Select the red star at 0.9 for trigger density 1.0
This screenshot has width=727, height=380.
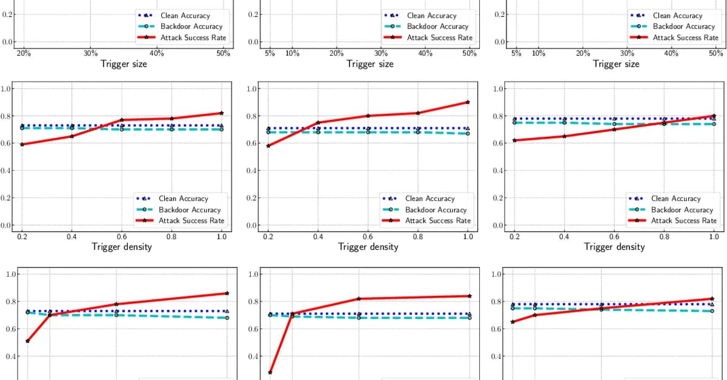coord(468,102)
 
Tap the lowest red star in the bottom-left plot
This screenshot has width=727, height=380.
coord(28,341)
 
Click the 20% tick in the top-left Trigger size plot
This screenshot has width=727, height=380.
coord(24,53)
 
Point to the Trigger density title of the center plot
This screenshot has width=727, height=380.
coord(368,247)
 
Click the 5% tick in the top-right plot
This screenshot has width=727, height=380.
coord(516,53)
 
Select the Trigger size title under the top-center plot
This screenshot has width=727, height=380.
coord(370,64)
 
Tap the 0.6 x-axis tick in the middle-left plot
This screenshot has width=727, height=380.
coord(122,237)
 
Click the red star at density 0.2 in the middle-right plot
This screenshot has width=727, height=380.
coord(515,140)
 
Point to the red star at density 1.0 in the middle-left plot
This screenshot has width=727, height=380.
coord(222,113)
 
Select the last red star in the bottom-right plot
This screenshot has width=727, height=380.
coord(712,299)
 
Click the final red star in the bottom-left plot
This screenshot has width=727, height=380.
coord(227,293)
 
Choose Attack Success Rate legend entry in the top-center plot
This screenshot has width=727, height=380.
coord(439,38)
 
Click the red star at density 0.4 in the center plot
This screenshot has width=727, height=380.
coord(318,123)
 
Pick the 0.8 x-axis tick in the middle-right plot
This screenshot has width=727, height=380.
coord(664,237)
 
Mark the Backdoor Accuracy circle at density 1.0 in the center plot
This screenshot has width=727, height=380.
coord(468,133)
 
